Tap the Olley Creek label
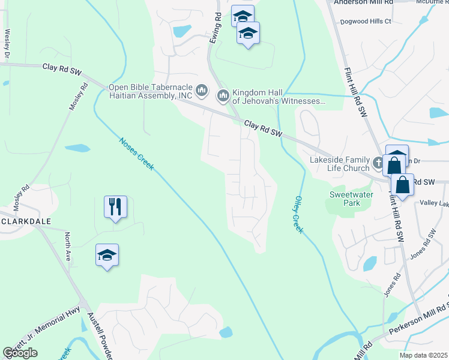(x=299, y=214)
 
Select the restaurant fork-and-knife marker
(x=113, y=207)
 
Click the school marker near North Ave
(x=107, y=256)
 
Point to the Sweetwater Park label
(x=352, y=199)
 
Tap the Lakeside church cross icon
(x=378, y=163)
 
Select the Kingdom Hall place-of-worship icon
(x=223, y=95)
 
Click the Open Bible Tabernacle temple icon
(x=202, y=91)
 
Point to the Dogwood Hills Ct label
(x=365, y=21)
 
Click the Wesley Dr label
(x=7, y=46)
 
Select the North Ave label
(x=68, y=245)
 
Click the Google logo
(x=20, y=353)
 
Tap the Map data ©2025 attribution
(x=424, y=355)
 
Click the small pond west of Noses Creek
(x=77, y=148)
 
